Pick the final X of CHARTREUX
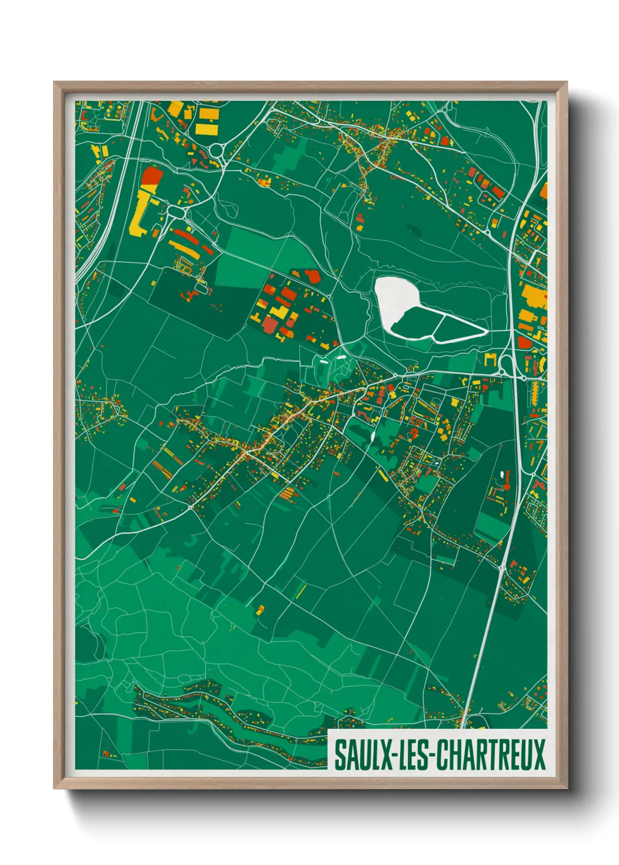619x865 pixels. [x=539, y=755]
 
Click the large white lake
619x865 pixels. [x=393, y=298]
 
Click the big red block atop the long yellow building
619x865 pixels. [x=152, y=175]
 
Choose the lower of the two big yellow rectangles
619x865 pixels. [x=207, y=129]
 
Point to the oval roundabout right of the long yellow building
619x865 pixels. [x=176, y=212]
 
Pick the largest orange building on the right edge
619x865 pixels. [x=534, y=296]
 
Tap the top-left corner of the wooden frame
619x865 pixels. [x=55, y=83]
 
